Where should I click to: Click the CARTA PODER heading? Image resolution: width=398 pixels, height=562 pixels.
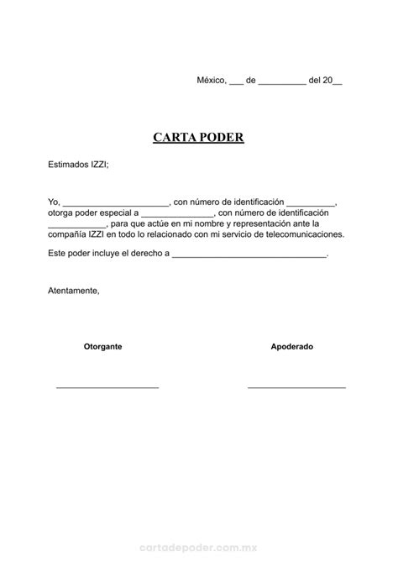pos(198,136)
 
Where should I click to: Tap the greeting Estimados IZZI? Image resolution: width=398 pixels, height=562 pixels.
pos(78,165)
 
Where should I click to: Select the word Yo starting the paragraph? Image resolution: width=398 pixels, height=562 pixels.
pos(54,202)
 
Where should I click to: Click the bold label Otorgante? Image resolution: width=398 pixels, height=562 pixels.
pos(102,346)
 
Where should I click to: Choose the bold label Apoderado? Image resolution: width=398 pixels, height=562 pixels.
pos(291,346)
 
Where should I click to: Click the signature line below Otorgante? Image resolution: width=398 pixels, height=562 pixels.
pos(107,386)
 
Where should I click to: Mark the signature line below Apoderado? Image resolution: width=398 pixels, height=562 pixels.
pos(296,386)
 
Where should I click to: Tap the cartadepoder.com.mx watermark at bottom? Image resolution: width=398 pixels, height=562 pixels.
pos(198,543)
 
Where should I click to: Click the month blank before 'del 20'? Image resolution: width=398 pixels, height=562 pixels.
pos(281,82)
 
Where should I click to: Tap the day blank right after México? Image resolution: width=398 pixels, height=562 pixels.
pos(236,82)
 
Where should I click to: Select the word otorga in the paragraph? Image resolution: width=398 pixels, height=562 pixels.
pos(60,213)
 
